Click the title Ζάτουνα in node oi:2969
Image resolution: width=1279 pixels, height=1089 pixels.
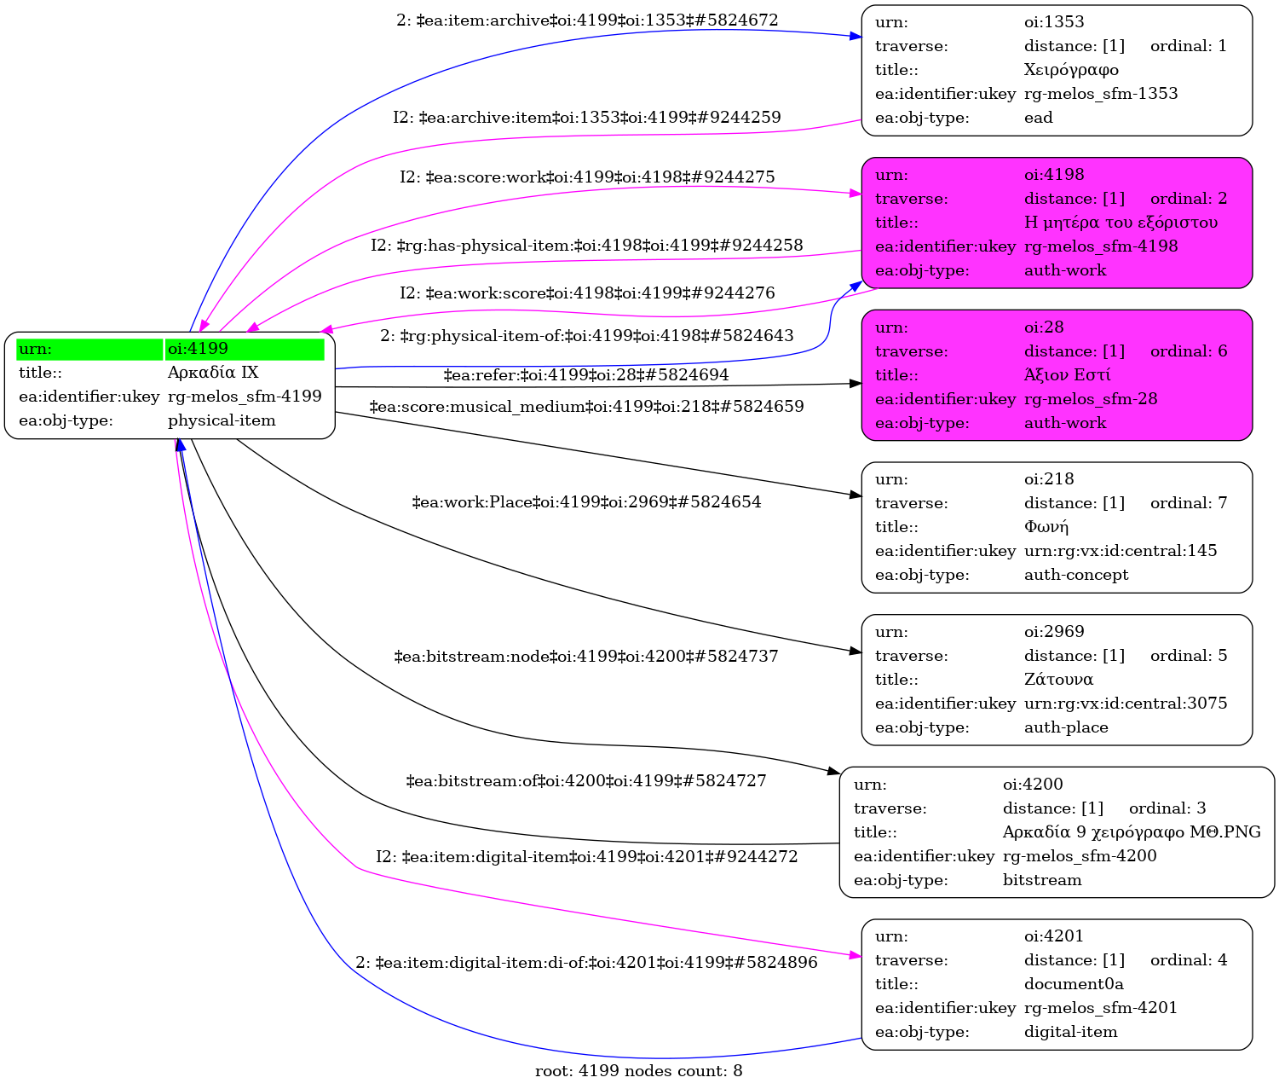(1058, 680)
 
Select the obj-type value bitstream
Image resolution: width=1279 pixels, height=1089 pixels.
(1042, 879)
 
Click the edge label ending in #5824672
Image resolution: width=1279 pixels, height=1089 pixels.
(587, 20)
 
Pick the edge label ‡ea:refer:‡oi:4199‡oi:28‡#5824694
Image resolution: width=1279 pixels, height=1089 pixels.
(586, 374)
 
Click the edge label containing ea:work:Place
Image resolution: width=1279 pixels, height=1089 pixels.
(586, 501)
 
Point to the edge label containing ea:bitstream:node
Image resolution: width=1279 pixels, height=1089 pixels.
(586, 656)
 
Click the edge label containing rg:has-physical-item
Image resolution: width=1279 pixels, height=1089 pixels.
(586, 246)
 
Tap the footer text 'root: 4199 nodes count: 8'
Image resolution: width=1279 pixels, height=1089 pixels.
(638, 1071)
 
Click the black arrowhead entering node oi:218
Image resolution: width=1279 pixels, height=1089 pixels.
(856, 495)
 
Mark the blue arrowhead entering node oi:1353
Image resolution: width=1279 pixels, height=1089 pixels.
(856, 37)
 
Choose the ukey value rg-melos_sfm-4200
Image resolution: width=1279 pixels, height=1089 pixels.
(1079, 855)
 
